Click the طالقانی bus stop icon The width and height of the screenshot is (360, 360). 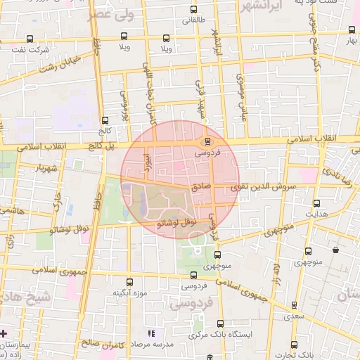[194, 9]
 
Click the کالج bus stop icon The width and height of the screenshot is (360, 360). [105, 120]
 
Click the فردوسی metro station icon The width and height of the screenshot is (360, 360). [206, 141]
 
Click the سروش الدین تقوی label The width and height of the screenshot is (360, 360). [264, 188]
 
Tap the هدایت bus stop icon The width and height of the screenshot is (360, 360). [316, 202]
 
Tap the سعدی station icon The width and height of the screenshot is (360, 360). [294, 306]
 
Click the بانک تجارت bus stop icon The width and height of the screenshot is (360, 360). [294, 345]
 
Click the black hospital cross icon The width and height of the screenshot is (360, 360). [4, 333]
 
